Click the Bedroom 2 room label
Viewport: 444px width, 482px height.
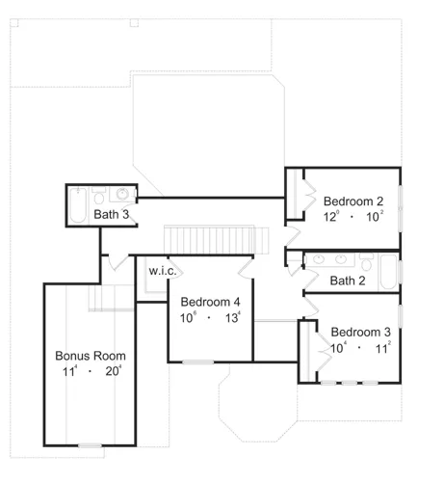353,201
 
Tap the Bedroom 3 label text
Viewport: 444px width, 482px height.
360,333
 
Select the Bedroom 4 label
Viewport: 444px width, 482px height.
210,302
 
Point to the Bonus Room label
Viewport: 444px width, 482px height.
91,356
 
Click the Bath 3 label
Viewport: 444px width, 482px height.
112,214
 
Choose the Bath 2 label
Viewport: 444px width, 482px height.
348,281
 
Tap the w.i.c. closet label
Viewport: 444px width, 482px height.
163,271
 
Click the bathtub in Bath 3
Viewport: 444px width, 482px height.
78,205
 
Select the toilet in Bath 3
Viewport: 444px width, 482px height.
99,196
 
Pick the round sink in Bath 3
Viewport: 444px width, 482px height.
122,194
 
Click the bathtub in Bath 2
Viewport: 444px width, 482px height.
389,272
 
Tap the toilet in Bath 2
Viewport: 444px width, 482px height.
366,262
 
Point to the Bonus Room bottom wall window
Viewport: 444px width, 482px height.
90,445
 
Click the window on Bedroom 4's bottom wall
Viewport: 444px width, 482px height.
198,362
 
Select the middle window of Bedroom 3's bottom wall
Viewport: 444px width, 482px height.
350,383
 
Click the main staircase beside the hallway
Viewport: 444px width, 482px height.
216,240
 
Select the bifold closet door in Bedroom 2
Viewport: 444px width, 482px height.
310,195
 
